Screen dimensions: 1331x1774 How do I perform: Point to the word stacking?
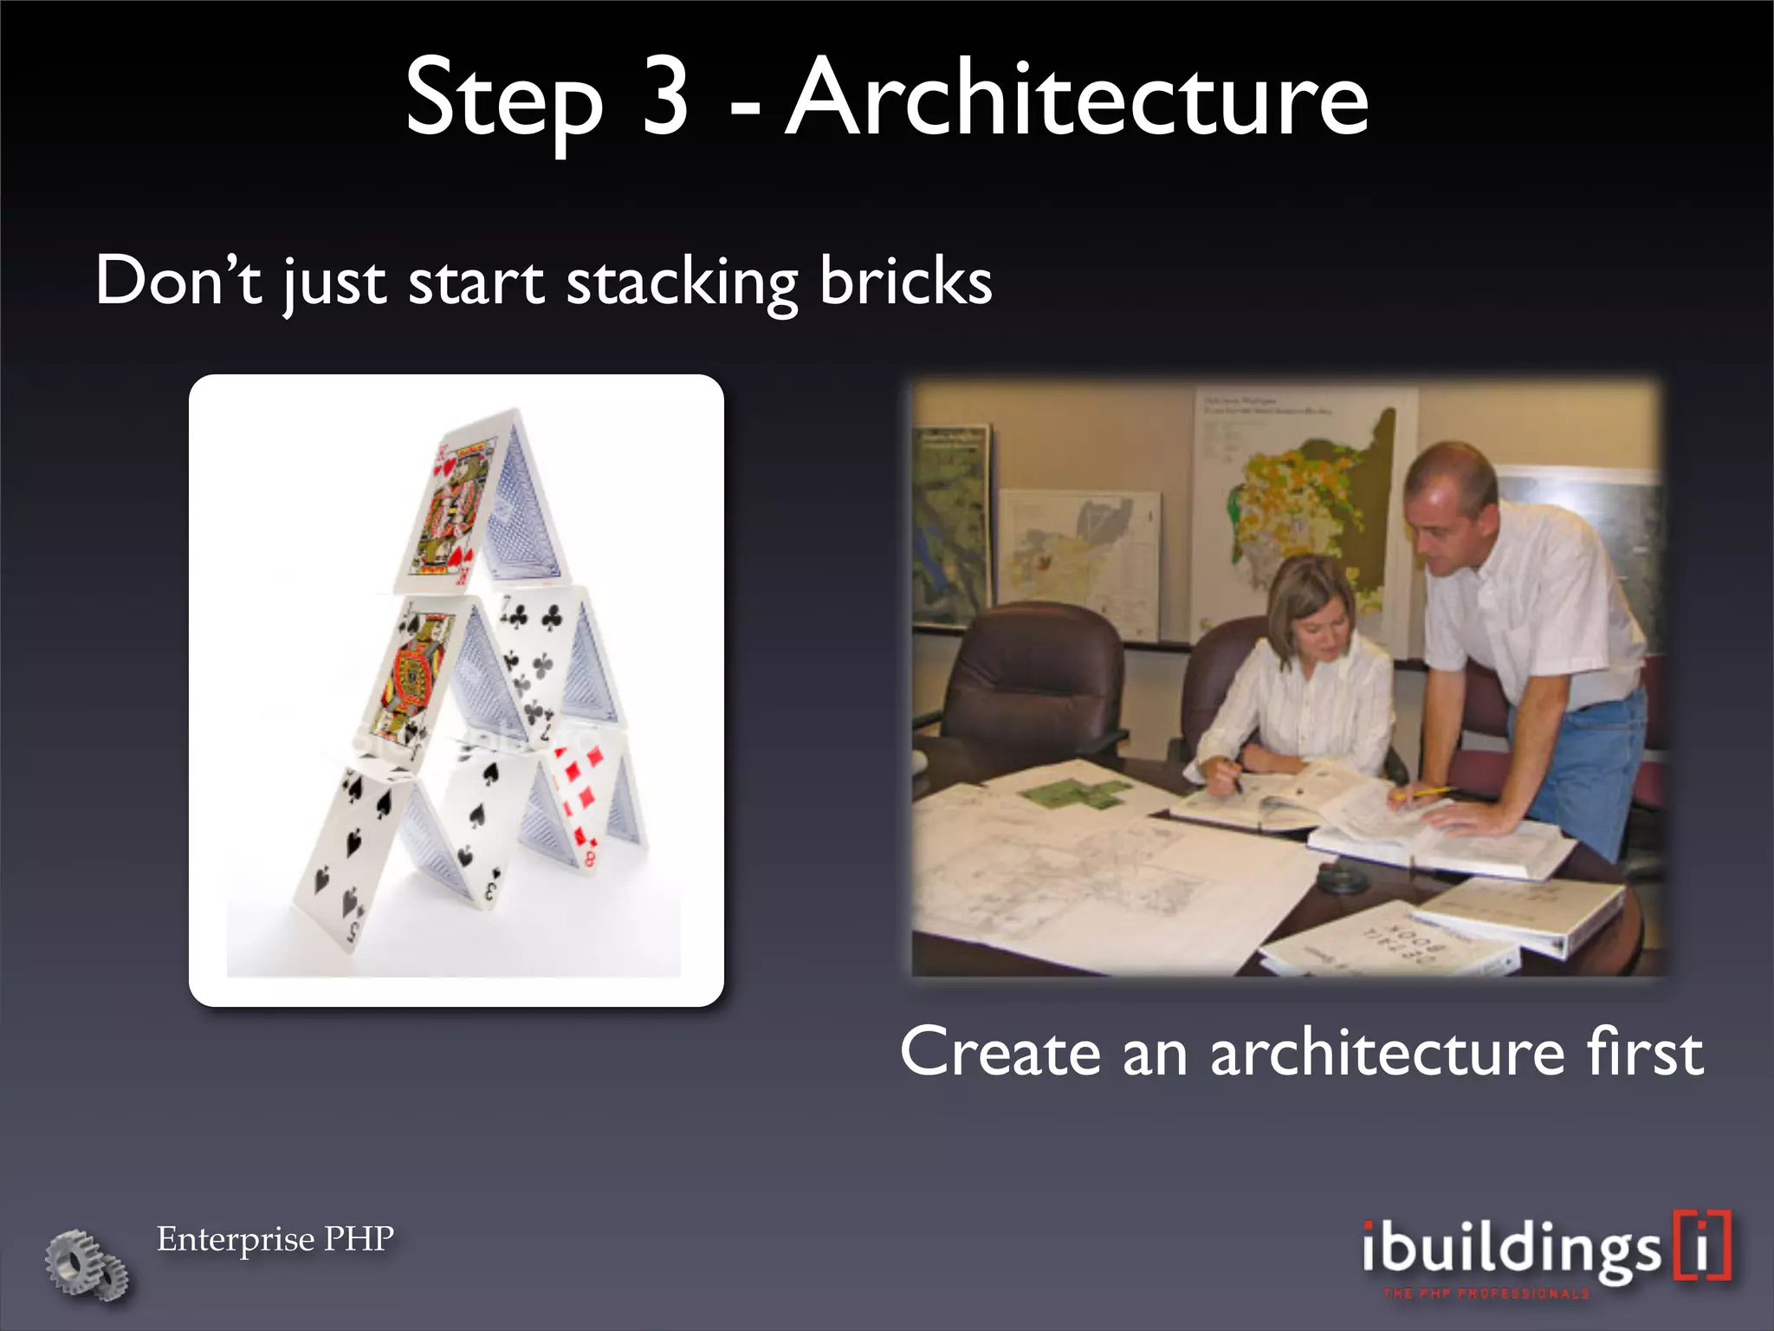coord(681,284)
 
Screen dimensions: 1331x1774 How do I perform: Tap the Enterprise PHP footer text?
coord(275,1239)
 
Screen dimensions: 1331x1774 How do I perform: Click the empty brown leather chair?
coord(1035,685)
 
